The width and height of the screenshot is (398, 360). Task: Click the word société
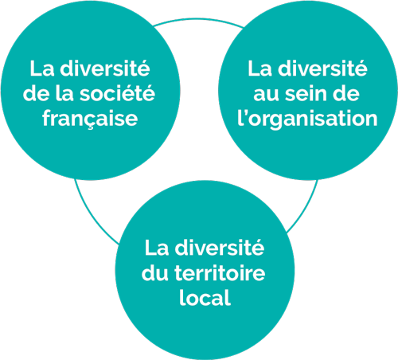117,93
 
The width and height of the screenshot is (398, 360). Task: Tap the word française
90,119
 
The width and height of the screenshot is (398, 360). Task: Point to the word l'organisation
307,119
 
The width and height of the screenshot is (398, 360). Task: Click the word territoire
220,273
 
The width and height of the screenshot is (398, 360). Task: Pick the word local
205,298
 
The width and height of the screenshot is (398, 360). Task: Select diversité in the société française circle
105,68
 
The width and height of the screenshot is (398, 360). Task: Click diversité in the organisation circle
322,68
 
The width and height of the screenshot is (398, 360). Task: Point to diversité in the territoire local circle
220,248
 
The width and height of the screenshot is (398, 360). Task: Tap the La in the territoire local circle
157,248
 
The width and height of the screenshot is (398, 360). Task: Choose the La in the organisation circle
259,68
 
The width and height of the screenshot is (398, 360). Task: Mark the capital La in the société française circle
42,68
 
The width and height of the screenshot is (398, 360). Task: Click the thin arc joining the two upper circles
198,19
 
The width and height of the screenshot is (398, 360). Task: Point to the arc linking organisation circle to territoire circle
305,209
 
